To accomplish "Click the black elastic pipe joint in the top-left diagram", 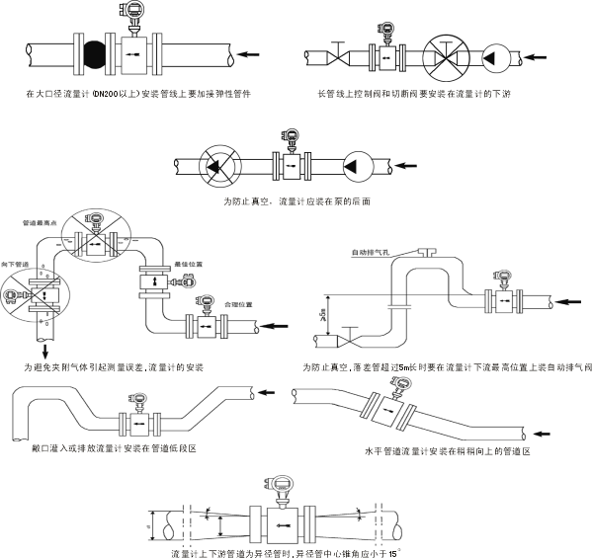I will [x=95, y=51].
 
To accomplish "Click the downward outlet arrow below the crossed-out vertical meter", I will [x=44, y=350].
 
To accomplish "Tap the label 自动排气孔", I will [x=376, y=254].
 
